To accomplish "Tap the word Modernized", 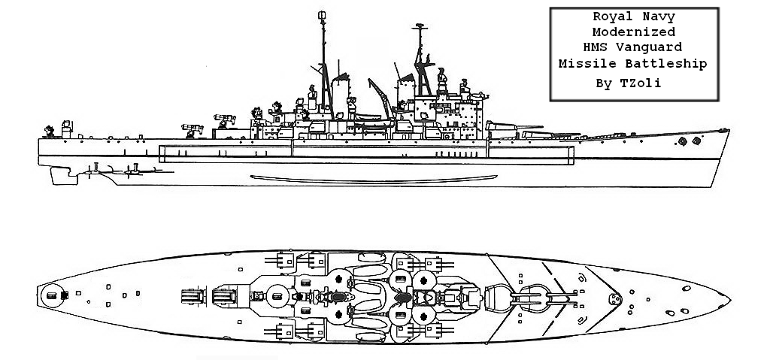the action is point(633,32).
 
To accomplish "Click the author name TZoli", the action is point(645,83).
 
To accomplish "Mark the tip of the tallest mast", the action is point(323,12).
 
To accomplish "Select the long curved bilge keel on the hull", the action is point(373,179).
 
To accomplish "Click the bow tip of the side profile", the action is point(729,130).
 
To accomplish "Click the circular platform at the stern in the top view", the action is point(52,295).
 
